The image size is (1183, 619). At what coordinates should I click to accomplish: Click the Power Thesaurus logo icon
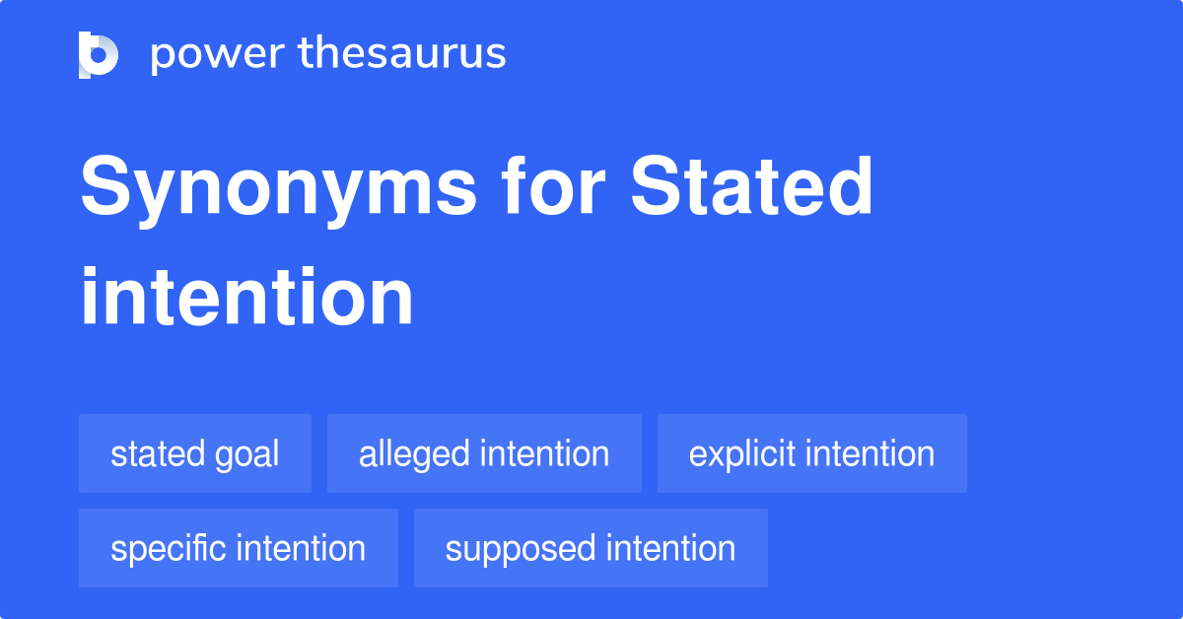tap(99, 54)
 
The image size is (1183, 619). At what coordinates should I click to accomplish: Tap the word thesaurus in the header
tap(402, 54)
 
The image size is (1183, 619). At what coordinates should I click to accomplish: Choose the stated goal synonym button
tap(195, 453)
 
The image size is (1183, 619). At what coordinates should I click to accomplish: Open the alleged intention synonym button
tap(484, 453)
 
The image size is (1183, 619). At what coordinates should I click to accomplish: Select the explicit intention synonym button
tap(811, 453)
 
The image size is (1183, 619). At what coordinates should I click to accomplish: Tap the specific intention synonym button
tap(238, 548)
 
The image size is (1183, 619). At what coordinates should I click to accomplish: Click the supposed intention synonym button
tap(591, 548)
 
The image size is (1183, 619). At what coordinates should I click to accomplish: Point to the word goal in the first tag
tap(249, 455)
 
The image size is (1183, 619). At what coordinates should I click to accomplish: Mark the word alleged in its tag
tap(414, 454)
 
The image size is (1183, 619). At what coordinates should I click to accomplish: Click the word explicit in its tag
tap(741, 454)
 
